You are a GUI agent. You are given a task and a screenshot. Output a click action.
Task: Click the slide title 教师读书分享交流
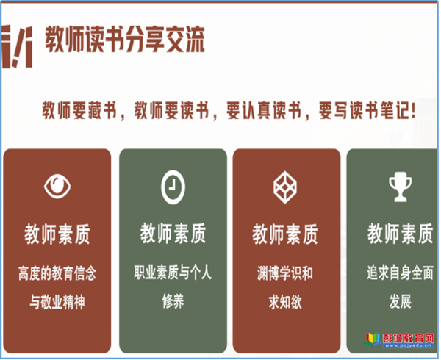[125, 40]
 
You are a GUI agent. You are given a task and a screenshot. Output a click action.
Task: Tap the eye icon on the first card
[57, 187]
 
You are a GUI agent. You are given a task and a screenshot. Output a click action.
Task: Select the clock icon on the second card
[173, 187]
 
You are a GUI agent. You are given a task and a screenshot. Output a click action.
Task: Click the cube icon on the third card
[285, 187]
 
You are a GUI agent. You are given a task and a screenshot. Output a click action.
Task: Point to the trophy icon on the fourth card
[401, 187]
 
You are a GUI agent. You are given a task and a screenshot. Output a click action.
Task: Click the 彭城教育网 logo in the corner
[398, 339]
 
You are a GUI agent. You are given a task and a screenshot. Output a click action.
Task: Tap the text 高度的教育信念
[57, 273]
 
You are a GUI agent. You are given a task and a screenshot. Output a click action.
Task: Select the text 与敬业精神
[57, 302]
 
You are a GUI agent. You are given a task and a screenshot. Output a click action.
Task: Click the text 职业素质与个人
[173, 273]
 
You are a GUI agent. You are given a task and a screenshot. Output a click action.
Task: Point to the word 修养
[173, 301]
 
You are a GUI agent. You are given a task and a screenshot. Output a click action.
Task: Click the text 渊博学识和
[285, 273]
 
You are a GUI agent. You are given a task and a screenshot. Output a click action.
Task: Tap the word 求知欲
[285, 302]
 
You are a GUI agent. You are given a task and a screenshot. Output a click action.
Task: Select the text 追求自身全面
[400, 273]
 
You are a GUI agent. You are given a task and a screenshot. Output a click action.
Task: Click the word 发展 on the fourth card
[401, 301]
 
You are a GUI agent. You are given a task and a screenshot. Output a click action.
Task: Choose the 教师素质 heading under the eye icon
[57, 234]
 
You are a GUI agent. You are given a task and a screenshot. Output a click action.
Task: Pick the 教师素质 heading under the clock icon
[173, 233]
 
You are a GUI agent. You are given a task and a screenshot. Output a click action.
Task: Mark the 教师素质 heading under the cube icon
[285, 234]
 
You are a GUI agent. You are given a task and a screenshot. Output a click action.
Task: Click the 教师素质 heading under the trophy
[401, 233]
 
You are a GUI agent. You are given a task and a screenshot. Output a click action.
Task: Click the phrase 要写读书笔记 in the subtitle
[365, 110]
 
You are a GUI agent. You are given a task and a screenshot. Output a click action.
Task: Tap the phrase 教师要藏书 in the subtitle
[79, 110]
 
